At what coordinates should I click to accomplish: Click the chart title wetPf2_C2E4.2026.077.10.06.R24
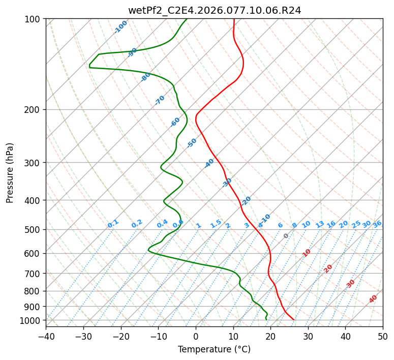214,10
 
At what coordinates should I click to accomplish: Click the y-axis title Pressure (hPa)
10,173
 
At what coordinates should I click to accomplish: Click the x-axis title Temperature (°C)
214,350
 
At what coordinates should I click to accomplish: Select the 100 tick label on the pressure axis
34,19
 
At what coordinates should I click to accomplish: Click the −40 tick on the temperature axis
46,336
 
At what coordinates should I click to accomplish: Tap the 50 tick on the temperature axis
383,336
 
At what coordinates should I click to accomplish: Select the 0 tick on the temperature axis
196,336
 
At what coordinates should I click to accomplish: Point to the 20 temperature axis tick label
270,336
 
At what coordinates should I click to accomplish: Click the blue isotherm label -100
121,27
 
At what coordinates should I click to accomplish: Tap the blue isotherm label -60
175,122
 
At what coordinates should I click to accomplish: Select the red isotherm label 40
373,299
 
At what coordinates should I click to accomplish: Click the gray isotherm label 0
286,236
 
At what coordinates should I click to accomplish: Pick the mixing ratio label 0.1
113,223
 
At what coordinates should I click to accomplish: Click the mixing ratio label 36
377,224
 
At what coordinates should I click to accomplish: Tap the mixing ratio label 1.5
216,224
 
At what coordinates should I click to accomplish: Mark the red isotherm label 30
351,284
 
